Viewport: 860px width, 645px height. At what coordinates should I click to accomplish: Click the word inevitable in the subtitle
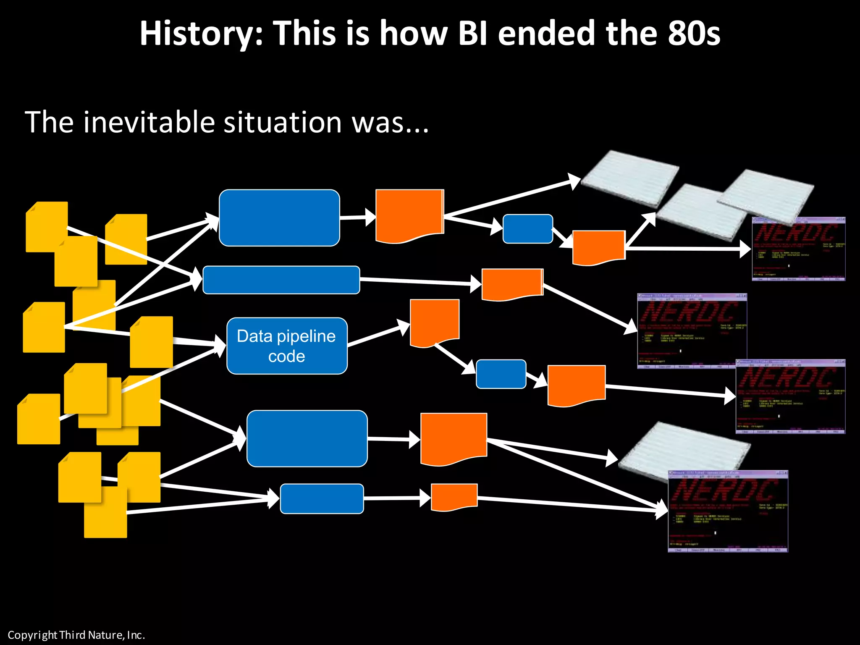[149, 123]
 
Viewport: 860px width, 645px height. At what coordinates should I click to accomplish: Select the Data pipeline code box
[287, 346]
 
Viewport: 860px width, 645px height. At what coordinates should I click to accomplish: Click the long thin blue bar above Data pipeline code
[281, 280]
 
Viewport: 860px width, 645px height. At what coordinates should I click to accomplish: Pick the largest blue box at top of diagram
[279, 218]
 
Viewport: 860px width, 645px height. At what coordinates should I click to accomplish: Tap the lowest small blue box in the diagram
[322, 498]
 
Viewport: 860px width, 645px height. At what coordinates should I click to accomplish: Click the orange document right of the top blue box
[409, 215]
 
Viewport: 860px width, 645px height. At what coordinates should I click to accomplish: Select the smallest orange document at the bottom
[454, 496]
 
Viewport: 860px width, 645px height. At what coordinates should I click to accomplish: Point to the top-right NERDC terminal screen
[798, 249]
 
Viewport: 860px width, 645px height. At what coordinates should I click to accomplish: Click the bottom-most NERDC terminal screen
[728, 511]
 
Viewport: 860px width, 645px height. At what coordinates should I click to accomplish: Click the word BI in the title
[473, 34]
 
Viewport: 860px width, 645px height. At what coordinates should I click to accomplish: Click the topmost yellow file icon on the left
[47, 227]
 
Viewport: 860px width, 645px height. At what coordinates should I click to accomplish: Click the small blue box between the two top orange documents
[527, 229]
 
